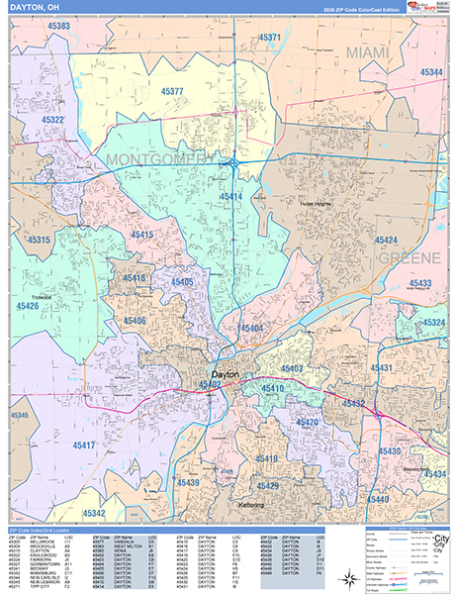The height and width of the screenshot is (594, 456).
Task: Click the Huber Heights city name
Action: pyautogui.click(x=319, y=204)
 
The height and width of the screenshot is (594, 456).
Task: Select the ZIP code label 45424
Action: pyautogui.click(x=386, y=241)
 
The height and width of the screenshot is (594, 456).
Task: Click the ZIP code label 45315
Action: pyautogui.click(x=39, y=240)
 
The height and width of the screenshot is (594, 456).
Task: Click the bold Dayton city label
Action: pyautogui.click(x=226, y=374)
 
